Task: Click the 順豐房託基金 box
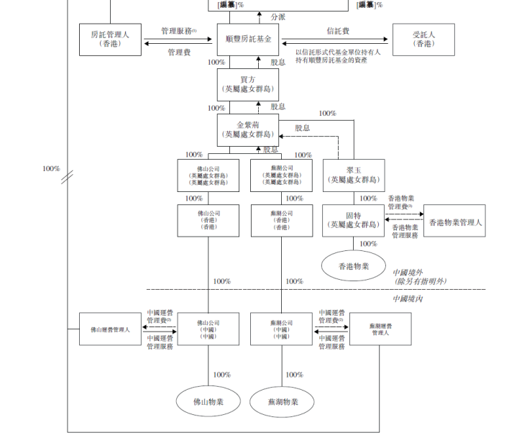(x=248, y=40)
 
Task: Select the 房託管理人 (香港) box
(x=111, y=40)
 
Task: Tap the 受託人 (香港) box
(x=423, y=40)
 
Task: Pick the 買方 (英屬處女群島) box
(x=248, y=85)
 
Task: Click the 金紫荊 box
(x=248, y=129)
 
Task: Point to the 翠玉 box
(x=353, y=175)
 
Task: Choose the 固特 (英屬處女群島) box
(x=353, y=220)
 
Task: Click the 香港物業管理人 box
(x=454, y=222)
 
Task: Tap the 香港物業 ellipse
(x=353, y=267)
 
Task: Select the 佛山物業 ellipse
(x=208, y=401)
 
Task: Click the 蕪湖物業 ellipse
(x=281, y=401)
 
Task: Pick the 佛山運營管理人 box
(x=110, y=329)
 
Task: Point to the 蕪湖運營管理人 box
(x=380, y=329)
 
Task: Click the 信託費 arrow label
(x=338, y=31)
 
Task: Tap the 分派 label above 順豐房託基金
(x=278, y=17)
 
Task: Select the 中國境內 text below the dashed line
(x=408, y=298)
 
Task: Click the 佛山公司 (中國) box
(x=208, y=329)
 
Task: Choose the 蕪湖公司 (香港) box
(x=281, y=220)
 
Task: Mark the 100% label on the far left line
(x=51, y=168)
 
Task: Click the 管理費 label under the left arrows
(x=179, y=52)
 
